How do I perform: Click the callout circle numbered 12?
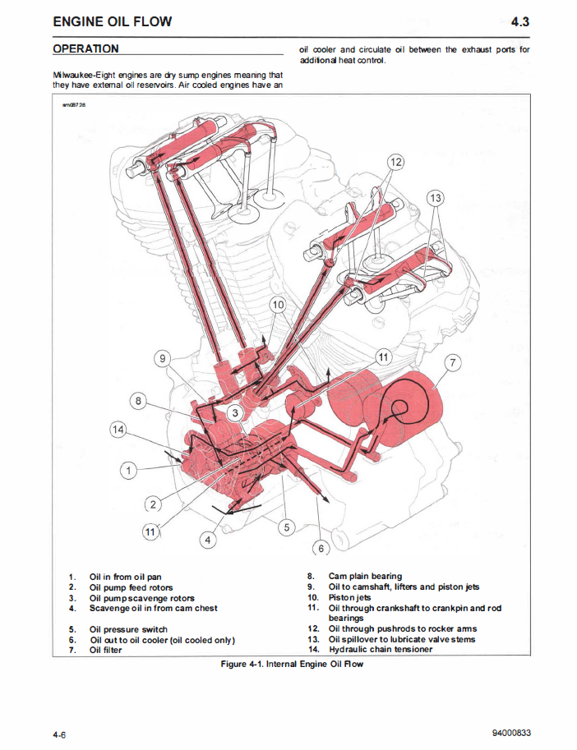[x=395, y=162]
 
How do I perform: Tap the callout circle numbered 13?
[x=436, y=197]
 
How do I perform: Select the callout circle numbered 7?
[x=453, y=362]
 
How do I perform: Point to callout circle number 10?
[x=278, y=305]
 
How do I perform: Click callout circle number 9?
[x=164, y=358]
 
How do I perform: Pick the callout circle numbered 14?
[x=119, y=430]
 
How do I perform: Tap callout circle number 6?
[x=322, y=548]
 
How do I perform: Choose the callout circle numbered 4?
[x=209, y=540]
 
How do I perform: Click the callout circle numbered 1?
[x=127, y=471]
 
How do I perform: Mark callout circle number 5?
[x=285, y=527]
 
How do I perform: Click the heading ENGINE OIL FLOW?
[x=113, y=21]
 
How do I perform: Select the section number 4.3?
[x=519, y=22]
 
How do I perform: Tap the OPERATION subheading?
[x=85, y=49]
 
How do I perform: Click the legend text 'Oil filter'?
[x=106, y=651]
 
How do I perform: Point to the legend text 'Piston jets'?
[x=349, y=597]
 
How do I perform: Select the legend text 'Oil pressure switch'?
[x=128, y=629]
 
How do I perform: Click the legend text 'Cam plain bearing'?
[x=365, y=576]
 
